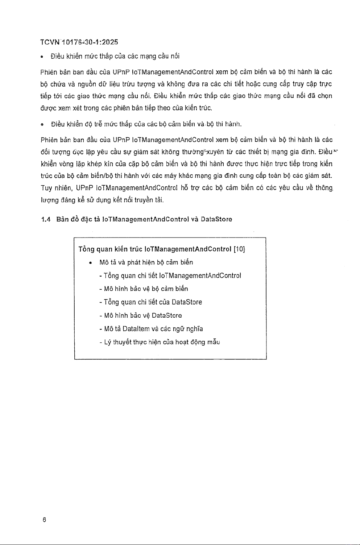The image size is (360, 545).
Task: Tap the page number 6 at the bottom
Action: [44, 519]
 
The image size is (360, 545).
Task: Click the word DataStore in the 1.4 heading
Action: [216, 219]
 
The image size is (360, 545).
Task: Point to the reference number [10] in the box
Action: [240, 249]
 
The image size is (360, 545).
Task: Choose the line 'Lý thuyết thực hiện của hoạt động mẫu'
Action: [160, 342]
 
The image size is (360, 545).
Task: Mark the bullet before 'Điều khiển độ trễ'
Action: [42, 125]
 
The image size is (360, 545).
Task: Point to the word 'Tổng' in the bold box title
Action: [86, 249]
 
